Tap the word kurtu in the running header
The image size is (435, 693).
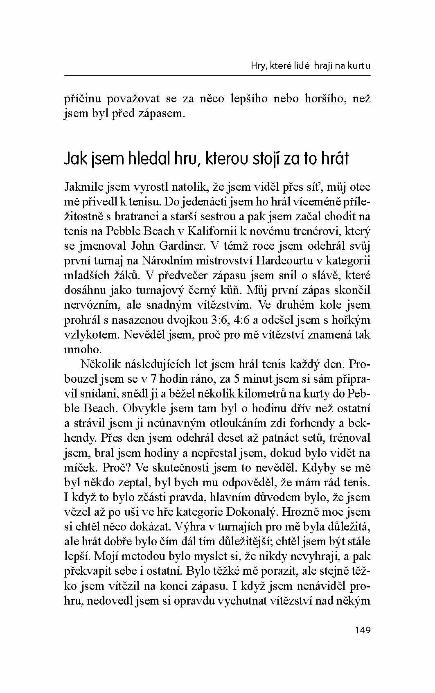358,65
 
